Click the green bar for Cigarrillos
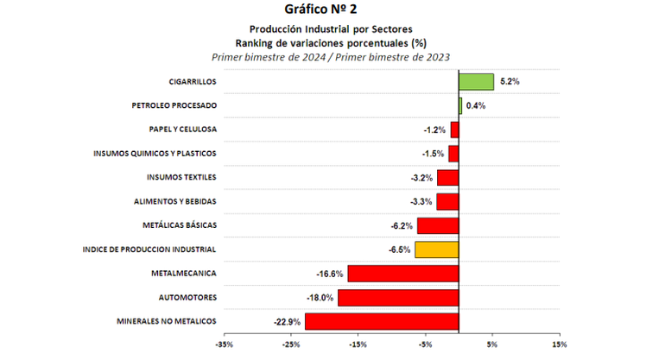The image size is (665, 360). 476,82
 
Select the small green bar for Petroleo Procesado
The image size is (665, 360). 460,105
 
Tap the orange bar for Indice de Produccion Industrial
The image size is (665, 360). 437,249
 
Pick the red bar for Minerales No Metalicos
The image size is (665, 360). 382,321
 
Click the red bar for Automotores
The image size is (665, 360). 398,298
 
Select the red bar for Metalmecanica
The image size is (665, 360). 403,274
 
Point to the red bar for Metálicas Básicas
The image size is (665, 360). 438,225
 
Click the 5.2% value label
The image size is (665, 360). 510,82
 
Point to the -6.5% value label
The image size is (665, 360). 399,249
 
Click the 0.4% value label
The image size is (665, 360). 476,106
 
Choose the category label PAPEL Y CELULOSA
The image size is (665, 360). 182,129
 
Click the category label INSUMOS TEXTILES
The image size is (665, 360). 181,178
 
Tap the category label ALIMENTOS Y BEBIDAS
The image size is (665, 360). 175,201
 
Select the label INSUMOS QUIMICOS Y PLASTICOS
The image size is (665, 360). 155,154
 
